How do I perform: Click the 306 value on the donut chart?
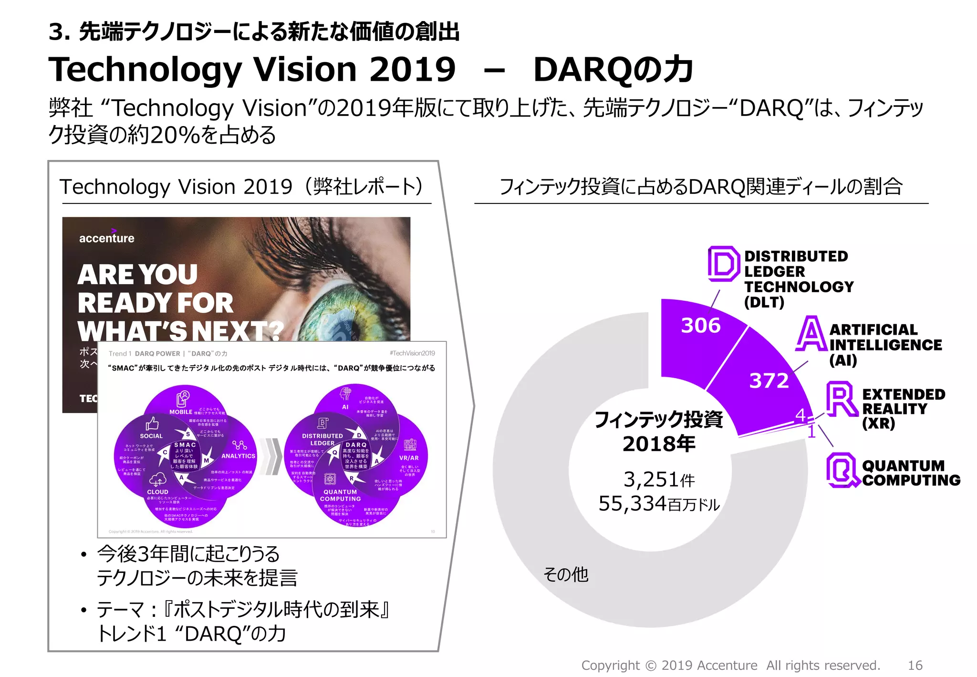click(700, 325)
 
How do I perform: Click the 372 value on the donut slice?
click(769, 381)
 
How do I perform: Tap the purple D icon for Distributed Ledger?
click(723, 264)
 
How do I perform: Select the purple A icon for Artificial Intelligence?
click(811, 334)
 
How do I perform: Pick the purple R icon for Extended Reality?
click(842, 399)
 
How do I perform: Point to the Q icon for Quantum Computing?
click(842, 470)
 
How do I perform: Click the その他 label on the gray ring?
click(566, 574)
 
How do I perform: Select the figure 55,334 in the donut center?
click(633, 503)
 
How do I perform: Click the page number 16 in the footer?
click(915, 665)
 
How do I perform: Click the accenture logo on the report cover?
click(107, 237)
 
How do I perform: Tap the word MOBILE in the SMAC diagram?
click(181, 412)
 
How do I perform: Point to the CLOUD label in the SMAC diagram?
click(157, 492)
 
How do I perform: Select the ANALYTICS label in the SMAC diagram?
click(238, 456)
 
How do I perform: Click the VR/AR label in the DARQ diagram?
click(409, 457)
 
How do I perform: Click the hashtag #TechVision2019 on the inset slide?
click(412, 353)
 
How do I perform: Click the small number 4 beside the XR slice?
click(800, 415)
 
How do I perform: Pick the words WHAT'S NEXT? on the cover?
click(180, 331)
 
